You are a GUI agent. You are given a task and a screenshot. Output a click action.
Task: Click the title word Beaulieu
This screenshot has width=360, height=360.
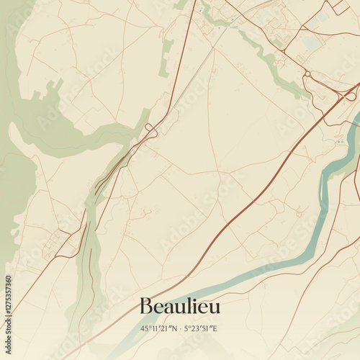point(180,307)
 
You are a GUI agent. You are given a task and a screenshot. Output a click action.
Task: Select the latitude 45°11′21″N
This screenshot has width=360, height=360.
point(160,329)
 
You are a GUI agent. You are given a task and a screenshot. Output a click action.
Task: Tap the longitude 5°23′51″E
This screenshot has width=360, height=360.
point(202,329)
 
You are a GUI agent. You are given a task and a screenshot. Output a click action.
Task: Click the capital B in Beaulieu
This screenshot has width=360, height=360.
point(146,307)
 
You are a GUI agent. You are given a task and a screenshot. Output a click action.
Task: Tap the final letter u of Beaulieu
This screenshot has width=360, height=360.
point(215,308)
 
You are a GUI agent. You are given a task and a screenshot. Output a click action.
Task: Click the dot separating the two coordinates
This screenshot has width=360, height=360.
point(181,329)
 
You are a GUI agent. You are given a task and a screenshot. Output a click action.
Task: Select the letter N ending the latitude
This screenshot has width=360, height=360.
point(175,329)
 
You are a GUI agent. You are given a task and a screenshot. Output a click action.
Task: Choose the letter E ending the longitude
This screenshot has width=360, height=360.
point(215,329)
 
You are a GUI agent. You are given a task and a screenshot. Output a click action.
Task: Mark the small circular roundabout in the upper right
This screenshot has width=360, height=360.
point(307,73)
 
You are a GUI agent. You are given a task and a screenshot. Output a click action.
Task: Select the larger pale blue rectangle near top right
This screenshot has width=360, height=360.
point(312,43)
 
